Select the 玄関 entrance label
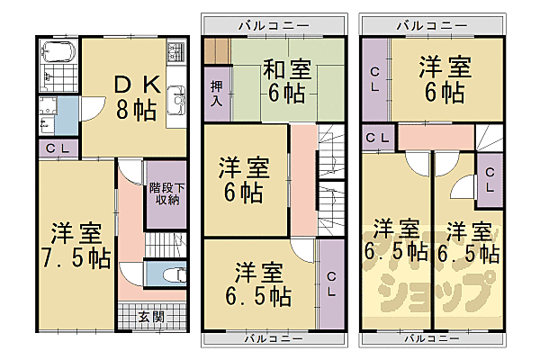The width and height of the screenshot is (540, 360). [151, 317]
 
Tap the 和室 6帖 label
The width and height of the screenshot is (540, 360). [286, 78]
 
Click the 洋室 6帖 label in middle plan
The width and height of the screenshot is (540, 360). [244, 178]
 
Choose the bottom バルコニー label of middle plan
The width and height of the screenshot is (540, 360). [274, 338]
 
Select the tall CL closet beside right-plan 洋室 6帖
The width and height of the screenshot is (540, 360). [375, 81]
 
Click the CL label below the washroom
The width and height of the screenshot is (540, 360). [56, 149]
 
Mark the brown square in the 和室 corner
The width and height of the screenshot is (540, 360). [217, 50]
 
